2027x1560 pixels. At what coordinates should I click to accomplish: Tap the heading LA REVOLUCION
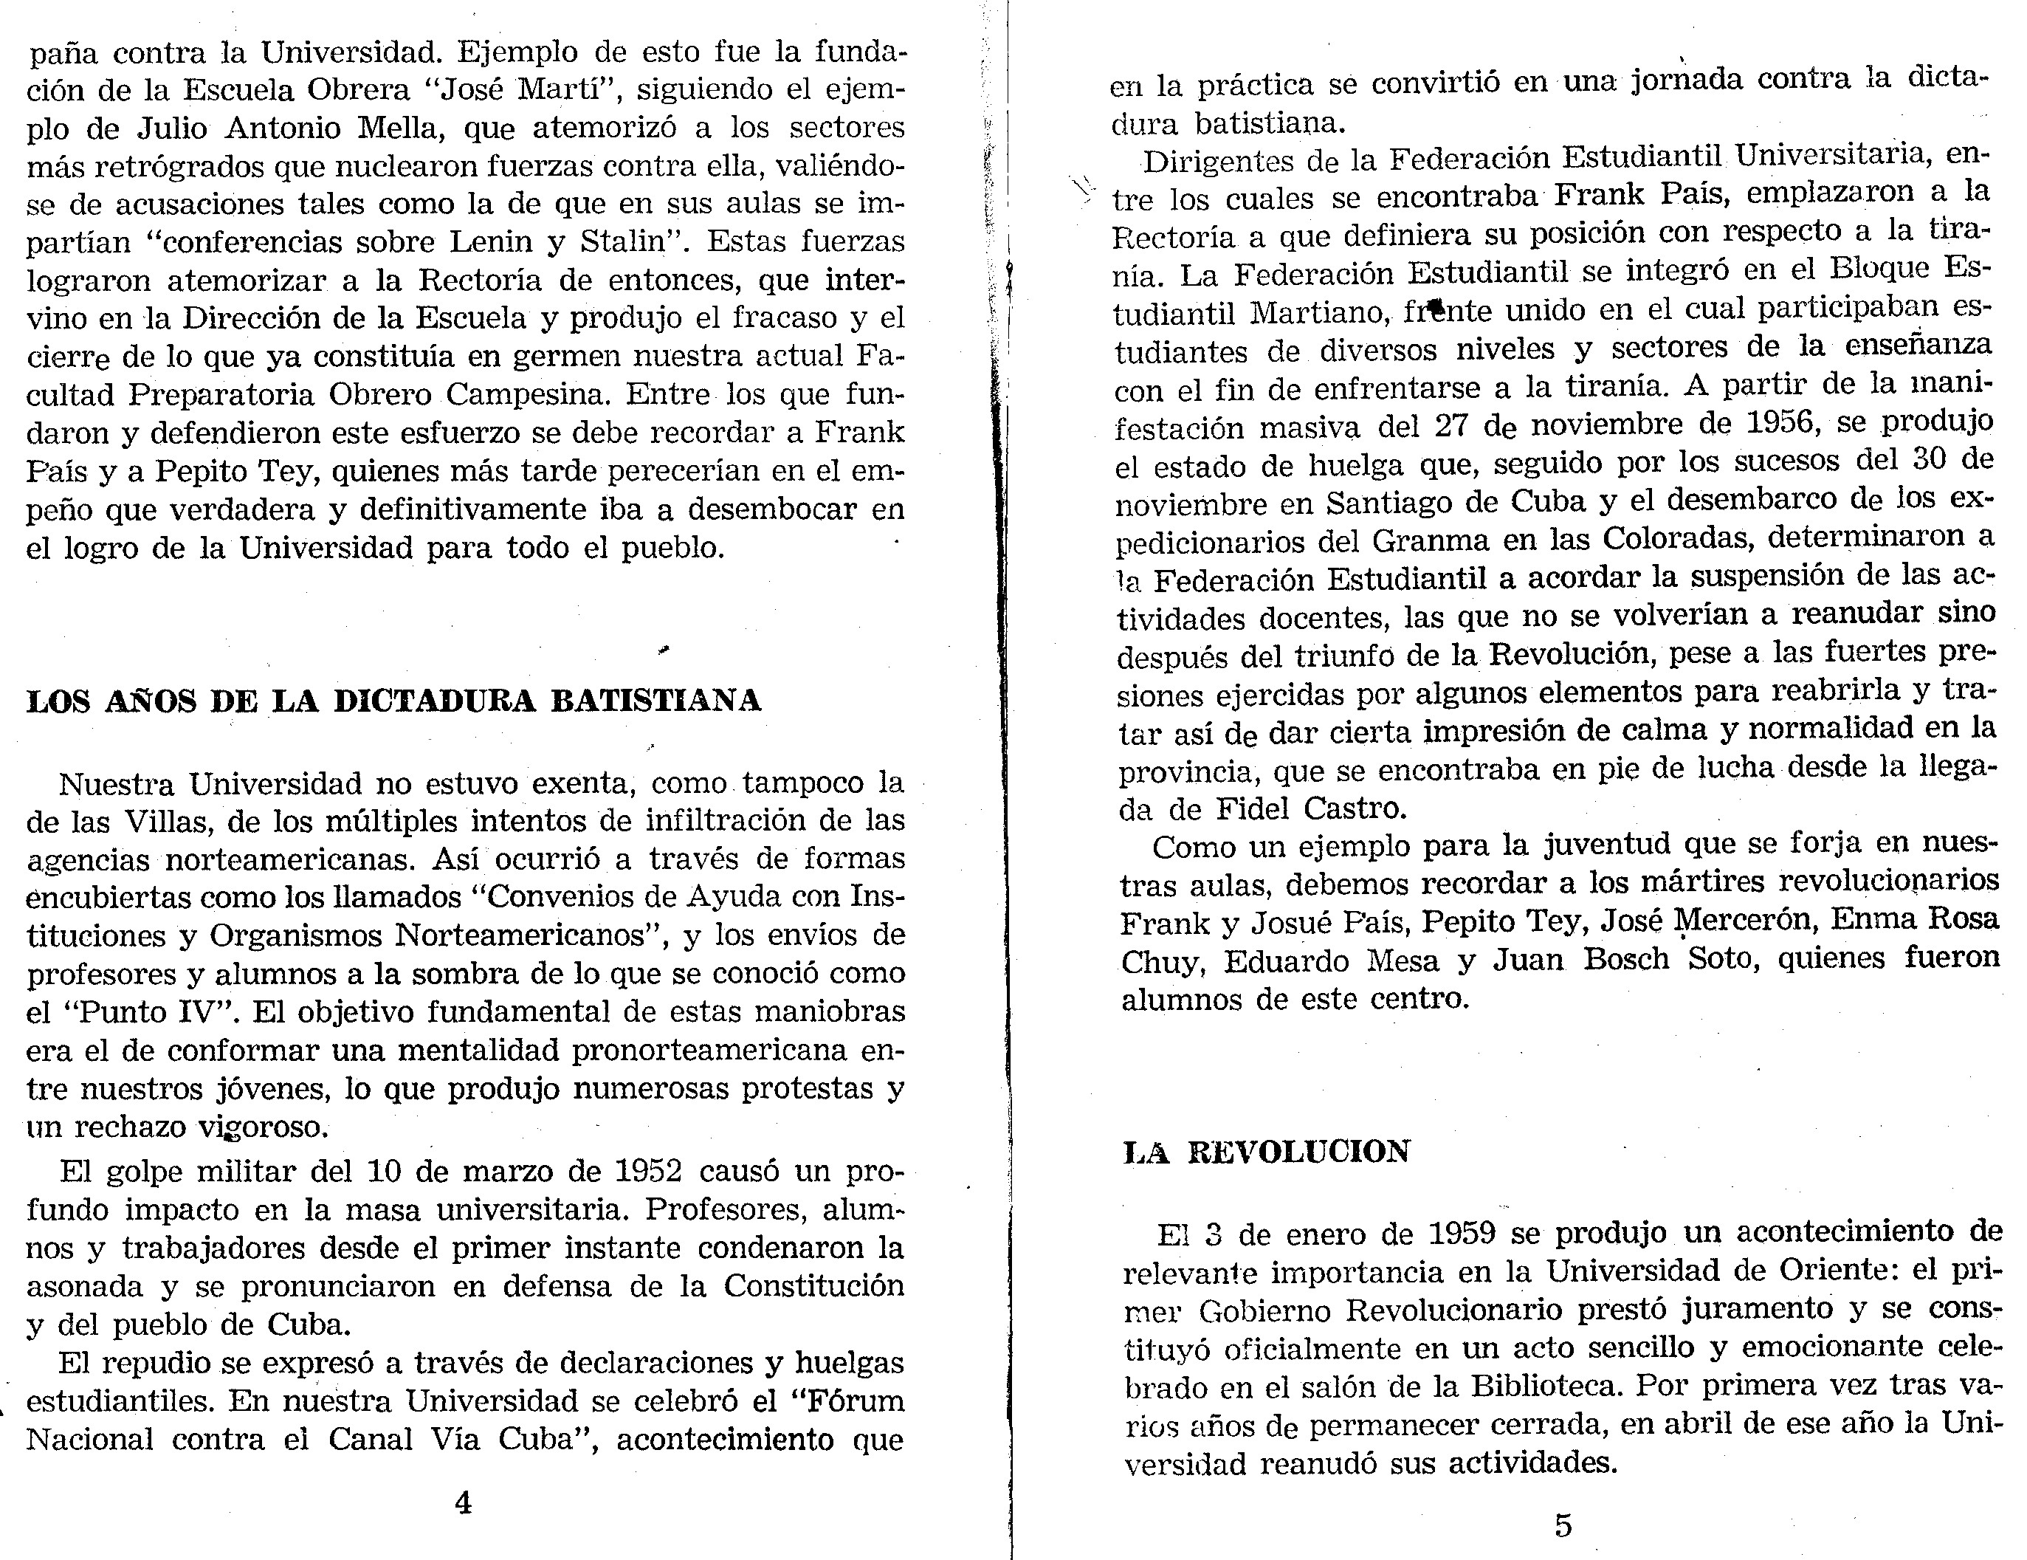pos(1267,1152)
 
